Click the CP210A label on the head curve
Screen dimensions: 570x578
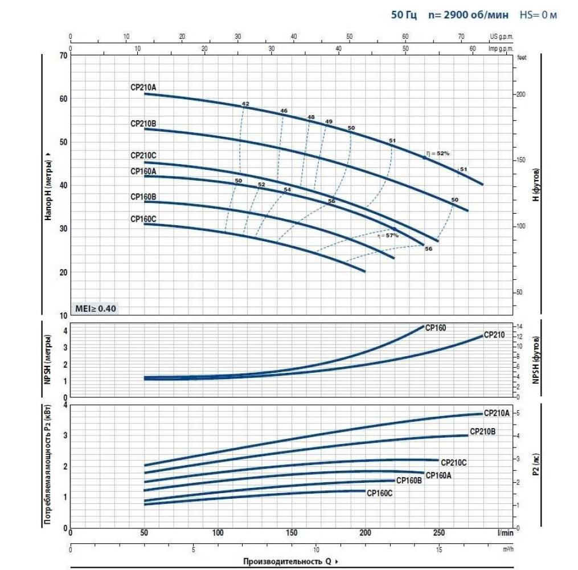pos(143,87)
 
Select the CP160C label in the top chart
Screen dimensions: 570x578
pos(143,218)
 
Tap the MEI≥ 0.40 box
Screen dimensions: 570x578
pos(96,308)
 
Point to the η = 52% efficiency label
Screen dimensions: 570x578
pos(438,153)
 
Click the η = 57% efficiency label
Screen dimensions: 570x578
pos(387,235)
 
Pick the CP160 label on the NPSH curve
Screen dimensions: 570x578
pos(436,328)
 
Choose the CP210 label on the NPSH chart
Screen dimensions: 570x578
pos(494,335)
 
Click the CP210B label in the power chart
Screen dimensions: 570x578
pos(482,431)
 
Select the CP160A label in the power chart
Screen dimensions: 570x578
pos(438,475)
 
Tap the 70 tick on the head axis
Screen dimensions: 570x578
pos(63,55)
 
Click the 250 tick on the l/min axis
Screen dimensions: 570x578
pos(438,533)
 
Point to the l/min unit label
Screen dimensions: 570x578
pos(505,533)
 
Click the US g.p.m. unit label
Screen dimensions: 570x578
pos(501,36)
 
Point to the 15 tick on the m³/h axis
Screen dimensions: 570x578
pos(438,550)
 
